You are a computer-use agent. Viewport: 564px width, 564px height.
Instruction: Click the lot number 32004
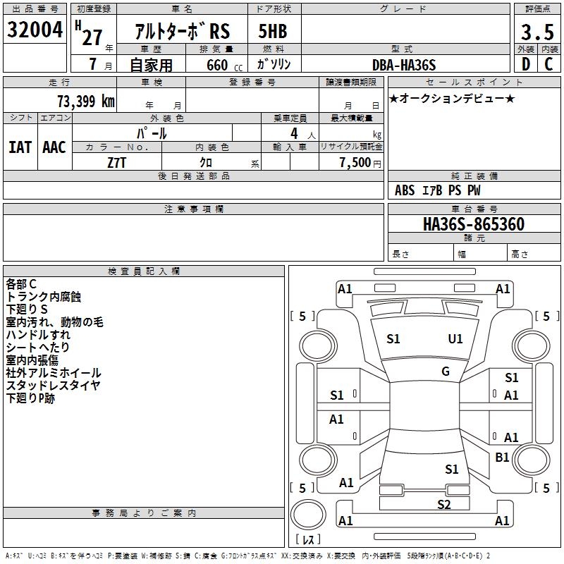(35, 30)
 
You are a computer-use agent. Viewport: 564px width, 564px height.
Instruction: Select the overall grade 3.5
(537, 32)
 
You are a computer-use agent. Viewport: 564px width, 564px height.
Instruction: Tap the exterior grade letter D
(526, 64)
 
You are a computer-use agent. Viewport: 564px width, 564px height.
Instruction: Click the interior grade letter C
(548, 64)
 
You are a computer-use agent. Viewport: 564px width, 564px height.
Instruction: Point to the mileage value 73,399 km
(86, 102)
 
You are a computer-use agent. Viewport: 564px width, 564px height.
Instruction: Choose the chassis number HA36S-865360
(474, 224)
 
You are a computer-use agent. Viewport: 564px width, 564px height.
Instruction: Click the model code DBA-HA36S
(404, 65)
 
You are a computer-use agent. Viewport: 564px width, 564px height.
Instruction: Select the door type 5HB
(273, 31)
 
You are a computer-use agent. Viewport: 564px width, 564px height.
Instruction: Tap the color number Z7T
(116, 163)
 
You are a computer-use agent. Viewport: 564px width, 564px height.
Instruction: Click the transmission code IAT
(20, 147)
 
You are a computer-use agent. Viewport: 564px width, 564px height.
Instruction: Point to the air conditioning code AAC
(54, 147)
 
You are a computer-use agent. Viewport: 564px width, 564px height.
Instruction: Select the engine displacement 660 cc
(224, 66)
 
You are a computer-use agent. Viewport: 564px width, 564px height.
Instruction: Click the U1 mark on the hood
(455, 339)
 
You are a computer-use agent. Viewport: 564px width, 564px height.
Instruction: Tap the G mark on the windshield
(446, 372)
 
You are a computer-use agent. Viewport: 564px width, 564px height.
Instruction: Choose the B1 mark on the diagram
(502, 458)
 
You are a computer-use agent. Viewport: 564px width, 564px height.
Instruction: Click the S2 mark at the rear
(444, 505)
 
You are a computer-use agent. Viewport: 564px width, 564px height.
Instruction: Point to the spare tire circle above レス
(308, 515)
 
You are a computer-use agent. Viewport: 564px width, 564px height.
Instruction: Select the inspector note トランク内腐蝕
(44, 297)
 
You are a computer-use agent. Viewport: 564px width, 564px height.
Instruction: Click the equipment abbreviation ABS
(405, 190)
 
